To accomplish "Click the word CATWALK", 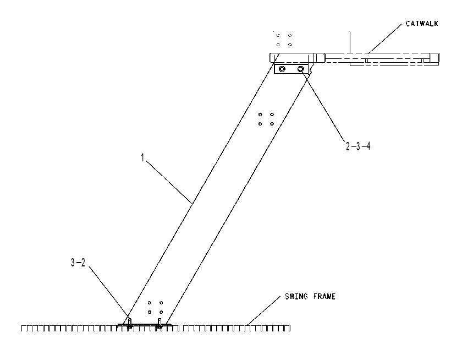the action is point(422,24).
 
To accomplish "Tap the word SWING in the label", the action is point(296,296).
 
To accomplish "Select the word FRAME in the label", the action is point(324,296).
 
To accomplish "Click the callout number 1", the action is point(142,158).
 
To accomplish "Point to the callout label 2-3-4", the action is point(358,146).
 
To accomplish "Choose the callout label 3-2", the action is point(78,263).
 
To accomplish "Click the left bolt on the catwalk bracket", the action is point(282,69).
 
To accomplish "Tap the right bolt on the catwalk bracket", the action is point(300,69).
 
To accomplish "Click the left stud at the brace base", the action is point(129,323).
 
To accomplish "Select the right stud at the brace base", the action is point(159,323).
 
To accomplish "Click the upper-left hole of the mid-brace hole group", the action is point(260,114).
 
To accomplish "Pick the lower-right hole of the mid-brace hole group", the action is point(272,124).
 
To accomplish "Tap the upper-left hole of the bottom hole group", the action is point(150,303).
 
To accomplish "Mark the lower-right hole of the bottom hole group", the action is point(161,312).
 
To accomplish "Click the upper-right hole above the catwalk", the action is point(290,35).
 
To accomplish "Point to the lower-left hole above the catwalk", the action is point(278,45).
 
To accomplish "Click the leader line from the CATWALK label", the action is point(385,39).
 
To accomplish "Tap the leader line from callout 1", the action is point(169,182).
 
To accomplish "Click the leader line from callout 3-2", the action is point(109,291).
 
